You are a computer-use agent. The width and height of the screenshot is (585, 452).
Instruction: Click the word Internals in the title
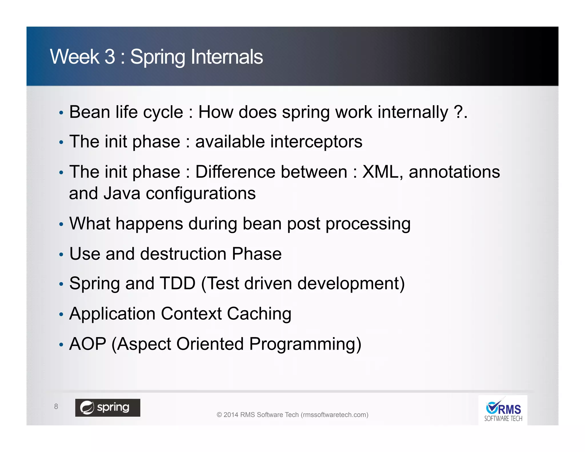pos(227,57)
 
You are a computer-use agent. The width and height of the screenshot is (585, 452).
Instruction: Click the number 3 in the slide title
pos(110,57)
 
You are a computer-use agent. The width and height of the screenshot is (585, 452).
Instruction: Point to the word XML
pos(380,172)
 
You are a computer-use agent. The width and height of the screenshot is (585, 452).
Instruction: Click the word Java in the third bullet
pos(122,193)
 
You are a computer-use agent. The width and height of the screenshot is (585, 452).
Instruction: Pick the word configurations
pos(201,194)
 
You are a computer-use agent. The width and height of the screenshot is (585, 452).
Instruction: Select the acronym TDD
pos(177,283)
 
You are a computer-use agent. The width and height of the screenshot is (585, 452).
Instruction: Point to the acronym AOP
pos(88,344)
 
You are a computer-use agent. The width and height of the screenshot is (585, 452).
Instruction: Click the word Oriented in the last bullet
pos(210,344)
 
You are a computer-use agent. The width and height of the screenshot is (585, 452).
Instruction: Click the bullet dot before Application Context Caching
pos(61,315)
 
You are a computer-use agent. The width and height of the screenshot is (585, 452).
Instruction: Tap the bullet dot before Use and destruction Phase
pos(61,254)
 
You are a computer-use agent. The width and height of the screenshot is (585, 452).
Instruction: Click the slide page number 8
pos(56,406)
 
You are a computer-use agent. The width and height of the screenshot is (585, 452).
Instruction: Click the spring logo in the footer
pos(108,407)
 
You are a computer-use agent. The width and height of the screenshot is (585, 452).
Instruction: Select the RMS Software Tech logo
pos(503,411)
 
